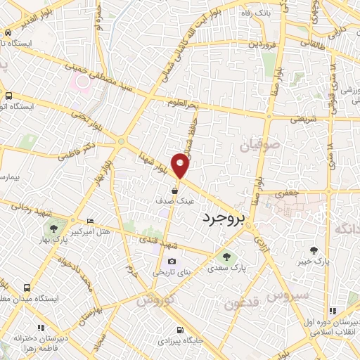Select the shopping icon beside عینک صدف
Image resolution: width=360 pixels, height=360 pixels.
click(174, 191)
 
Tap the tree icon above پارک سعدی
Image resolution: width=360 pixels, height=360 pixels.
click(226, 256)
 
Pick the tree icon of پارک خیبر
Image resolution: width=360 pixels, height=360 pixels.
click(314, 250)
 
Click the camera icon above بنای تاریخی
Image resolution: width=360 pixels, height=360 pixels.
click(172, 262)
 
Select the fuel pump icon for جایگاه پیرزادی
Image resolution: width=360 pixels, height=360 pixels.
click(180, 330)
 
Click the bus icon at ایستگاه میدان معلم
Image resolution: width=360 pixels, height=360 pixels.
click(27, 288)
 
